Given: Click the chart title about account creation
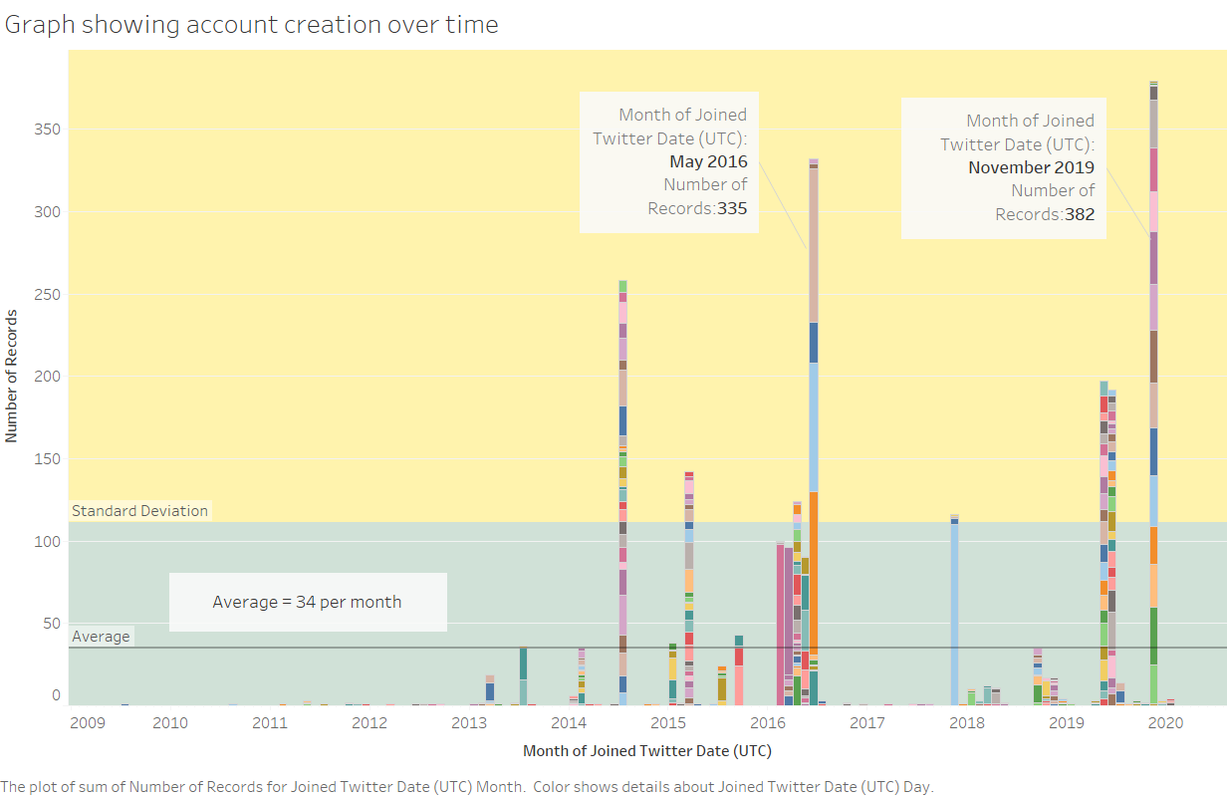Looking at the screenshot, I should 251,25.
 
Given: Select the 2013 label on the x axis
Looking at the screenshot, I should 468,722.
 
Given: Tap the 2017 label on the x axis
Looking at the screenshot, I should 866,722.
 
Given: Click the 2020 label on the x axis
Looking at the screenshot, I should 1164,722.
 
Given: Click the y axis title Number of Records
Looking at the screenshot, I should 12,376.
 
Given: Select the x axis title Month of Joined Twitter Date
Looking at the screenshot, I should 646,750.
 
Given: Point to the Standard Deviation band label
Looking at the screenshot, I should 139,511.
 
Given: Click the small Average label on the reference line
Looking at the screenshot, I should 101,637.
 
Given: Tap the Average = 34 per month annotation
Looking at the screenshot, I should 307,602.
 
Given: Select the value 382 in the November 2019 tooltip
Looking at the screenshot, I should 1079,214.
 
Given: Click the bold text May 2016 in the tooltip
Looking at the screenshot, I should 707,161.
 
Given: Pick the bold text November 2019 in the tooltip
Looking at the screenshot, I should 1031,167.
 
